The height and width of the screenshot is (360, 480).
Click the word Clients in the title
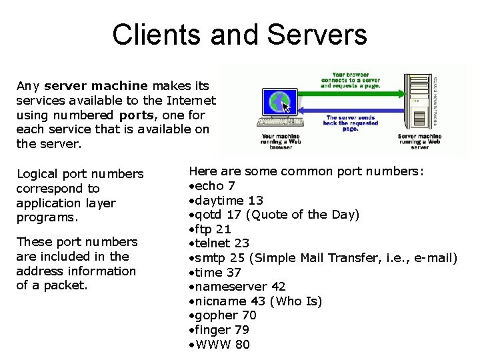[156, 35]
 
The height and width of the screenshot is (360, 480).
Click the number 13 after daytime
[255, 200]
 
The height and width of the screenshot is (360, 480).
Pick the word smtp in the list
[209, 258]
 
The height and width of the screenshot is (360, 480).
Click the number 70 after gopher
[249, 315]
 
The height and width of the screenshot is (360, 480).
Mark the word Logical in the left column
[39, 174]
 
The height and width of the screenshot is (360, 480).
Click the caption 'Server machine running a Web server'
[419, 141]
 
